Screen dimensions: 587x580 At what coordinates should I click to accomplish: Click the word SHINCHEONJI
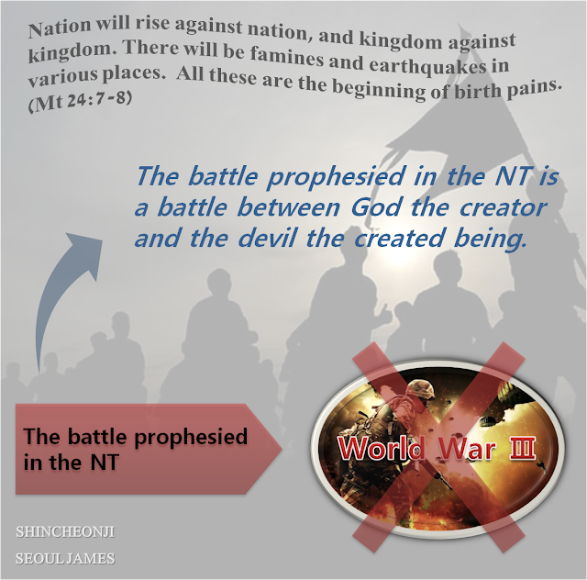point(65,531)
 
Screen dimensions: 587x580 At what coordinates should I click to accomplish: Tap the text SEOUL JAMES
point(65,558)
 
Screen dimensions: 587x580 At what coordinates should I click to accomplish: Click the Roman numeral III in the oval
point(522,448)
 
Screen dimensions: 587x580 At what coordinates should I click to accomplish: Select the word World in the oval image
point(382,448)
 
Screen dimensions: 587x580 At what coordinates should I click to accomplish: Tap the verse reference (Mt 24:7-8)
point(80,101)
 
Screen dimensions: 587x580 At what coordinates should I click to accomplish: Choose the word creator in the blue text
point(503,207)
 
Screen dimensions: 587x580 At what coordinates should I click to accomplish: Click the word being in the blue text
point(490,240)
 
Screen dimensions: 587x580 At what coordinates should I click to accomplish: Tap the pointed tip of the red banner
point(282,449)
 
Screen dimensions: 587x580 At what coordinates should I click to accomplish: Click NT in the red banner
point(105,462)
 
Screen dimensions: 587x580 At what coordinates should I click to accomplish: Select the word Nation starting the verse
point(60,28)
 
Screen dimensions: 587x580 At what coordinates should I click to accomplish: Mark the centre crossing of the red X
point(438,447)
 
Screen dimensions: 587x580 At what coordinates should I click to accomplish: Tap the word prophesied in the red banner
point(191,438)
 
